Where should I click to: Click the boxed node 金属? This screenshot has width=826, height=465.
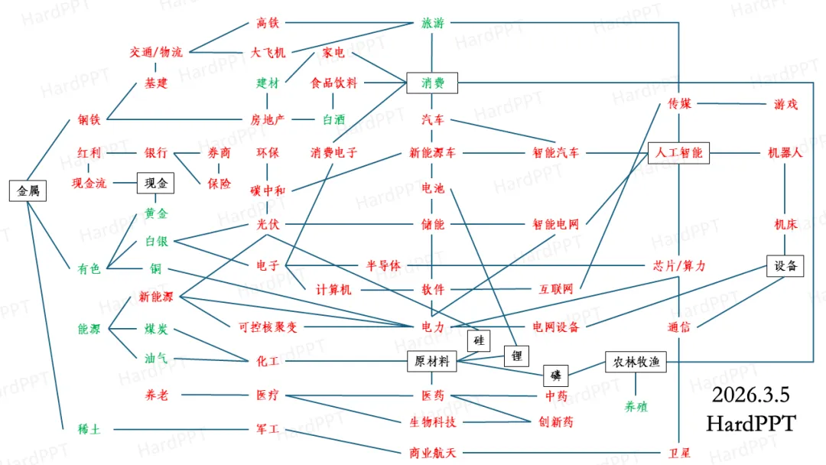pos(28,190)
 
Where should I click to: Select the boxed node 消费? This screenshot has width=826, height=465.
pos(432,83)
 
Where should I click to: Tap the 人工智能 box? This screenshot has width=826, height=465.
pos(678,152)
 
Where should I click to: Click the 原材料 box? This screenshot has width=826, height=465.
pos(432,361)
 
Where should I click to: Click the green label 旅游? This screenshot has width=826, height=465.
pos(432,23)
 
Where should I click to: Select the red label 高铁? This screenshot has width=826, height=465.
pos(268,23)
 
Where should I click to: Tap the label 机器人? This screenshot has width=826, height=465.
pos(785,152)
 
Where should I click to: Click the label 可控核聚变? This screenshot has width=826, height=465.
pos(268,327)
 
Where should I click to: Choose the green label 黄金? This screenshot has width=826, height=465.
pos(156,213)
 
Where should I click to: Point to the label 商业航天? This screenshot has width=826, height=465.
pos(432,452)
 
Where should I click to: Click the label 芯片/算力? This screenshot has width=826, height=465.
pos(678,265)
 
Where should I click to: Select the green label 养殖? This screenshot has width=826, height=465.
pos(636,406)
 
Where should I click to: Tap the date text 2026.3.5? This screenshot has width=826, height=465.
pos(750,395)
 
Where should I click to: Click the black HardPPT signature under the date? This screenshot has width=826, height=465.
pos(750,423)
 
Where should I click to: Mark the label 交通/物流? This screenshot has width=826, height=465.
pos(156,52)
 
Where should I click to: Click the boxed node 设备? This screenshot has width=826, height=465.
pos(785,265)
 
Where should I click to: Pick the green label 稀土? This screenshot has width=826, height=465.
pos(89,429)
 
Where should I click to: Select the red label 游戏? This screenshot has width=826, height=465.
pos(785,104)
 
